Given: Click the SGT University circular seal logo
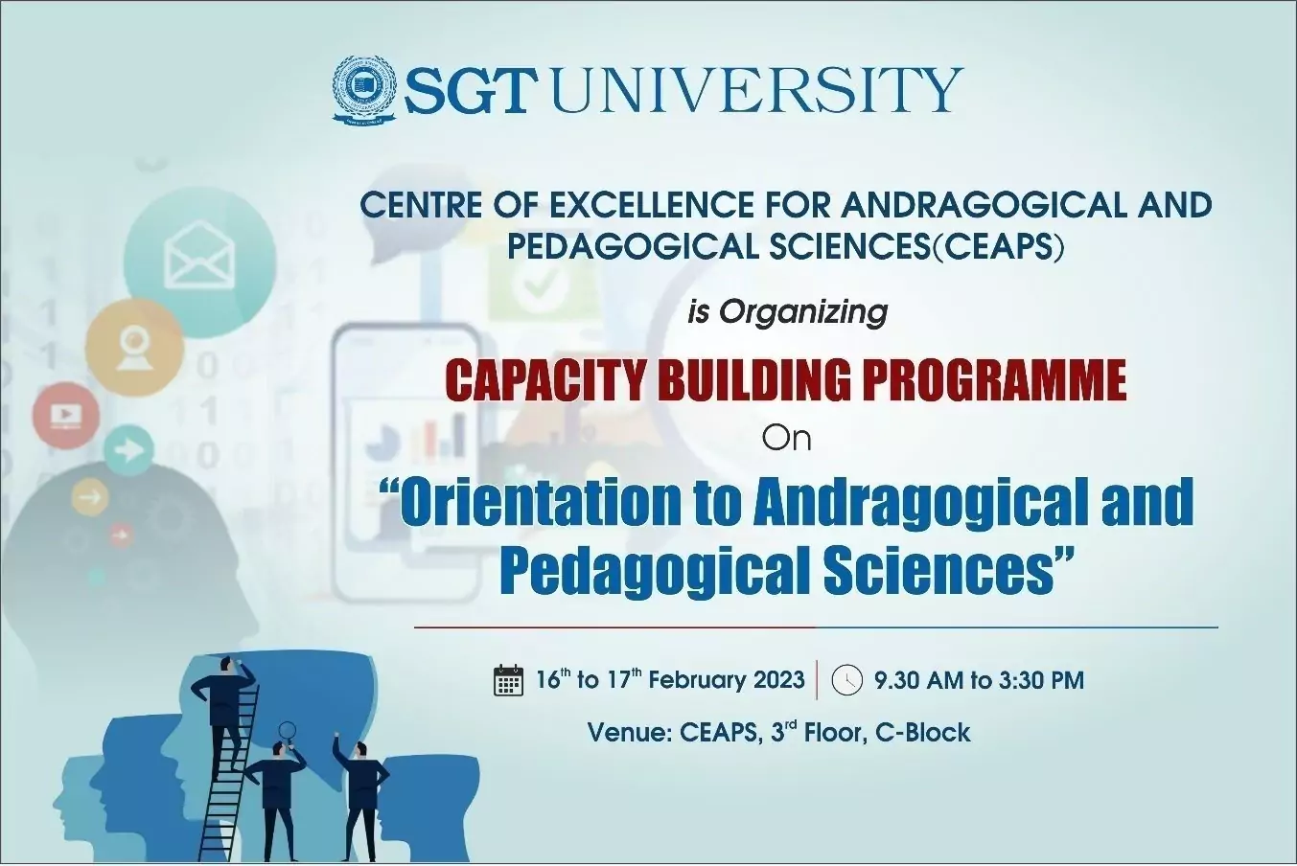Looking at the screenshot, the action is coord(364,90).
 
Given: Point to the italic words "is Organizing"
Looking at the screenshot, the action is coord(787,313).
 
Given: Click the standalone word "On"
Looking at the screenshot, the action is coord(786,439).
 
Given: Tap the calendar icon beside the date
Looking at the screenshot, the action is coord(508,680).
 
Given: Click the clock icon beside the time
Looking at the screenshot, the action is coord(846,680).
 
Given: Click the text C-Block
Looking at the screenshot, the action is coord(922,733).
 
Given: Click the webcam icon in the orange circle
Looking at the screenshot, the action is coord(134,347).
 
